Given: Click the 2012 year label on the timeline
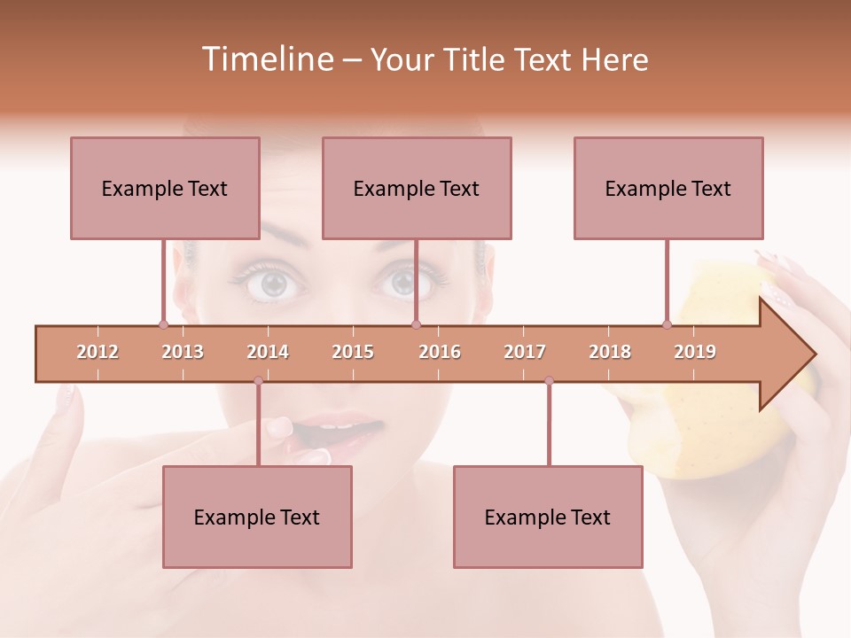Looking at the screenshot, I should [x=98, y=352].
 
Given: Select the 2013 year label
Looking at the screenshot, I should [x=183, y=352].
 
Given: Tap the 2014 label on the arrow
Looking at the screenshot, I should [x=268, y=352].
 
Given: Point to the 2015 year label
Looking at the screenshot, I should [x=353, y=352].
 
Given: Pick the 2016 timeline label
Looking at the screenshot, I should [x=440, y=352].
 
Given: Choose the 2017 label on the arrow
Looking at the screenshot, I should [x=525, y=352].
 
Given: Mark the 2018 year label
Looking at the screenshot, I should [x=610, y=352].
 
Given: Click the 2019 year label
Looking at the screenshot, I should [x=695, y=352].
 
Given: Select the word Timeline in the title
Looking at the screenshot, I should [x=266, y=59].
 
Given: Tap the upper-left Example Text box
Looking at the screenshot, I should [x=165, y=188].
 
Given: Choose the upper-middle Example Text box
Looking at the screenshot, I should [x=417, y=188].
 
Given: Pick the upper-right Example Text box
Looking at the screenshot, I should [x=668, y=188].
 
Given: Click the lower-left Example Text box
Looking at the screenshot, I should [x=257, y=517].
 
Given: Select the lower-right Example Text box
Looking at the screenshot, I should [x=548, y=517].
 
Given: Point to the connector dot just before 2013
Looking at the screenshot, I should [x=163, y=324].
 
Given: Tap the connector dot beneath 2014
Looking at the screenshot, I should [x=258, y=381].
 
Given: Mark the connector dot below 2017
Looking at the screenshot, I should [x=549, y=381].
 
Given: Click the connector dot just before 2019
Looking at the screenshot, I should [x=667, y=324].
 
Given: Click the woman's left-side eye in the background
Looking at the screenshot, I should [x=275, y=284].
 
